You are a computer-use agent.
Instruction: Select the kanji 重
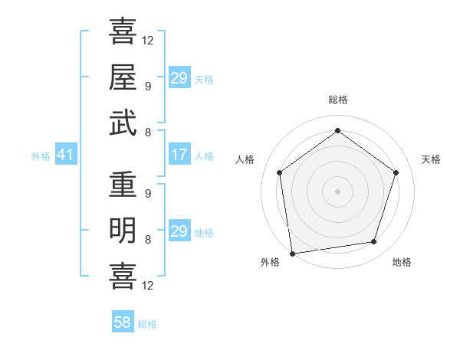[123, 185]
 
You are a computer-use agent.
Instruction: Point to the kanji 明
[123, 230]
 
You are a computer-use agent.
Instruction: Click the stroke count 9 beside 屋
[147, 86]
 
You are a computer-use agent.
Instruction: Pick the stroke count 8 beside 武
[147, 132]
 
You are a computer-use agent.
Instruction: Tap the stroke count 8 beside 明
[147, 239]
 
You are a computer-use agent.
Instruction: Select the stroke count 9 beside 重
[147, 194]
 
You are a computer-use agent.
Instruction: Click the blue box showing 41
[65, 155]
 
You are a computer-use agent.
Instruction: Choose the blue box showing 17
[179, 155]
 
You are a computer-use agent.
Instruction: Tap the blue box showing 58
[123, 322]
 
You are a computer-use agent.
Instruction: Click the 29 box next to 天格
[179, 78]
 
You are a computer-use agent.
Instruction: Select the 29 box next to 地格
[179, 231]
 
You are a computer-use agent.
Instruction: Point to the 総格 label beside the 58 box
[147, 324]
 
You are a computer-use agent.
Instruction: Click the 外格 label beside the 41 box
[41, 156]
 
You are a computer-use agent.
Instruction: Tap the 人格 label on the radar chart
[245, 159]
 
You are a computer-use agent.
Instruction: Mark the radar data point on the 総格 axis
[337, 131]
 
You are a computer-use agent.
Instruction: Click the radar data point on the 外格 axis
[292, 252]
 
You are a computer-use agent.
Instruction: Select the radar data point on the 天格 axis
[396, 172]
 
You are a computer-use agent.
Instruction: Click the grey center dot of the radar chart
[337, 191]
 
